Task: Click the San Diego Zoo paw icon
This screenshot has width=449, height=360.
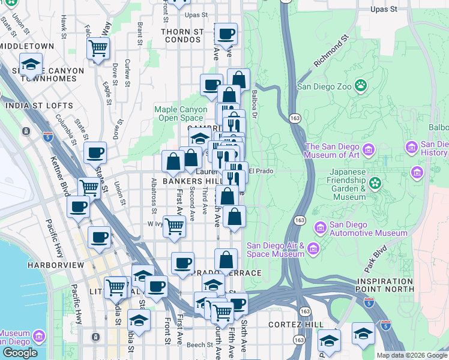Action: click(360, 85)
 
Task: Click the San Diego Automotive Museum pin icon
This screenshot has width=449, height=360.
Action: click(320, 228)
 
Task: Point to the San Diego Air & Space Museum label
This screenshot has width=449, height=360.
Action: click(276, 250)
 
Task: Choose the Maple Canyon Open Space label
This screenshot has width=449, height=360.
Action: click(178, 113)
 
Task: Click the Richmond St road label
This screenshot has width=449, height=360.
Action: click(331, 53)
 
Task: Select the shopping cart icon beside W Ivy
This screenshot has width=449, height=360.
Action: click(174, 227)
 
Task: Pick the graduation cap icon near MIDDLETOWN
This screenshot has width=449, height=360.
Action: click(31, 63)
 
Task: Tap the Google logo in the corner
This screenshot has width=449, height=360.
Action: click(19, 353)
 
